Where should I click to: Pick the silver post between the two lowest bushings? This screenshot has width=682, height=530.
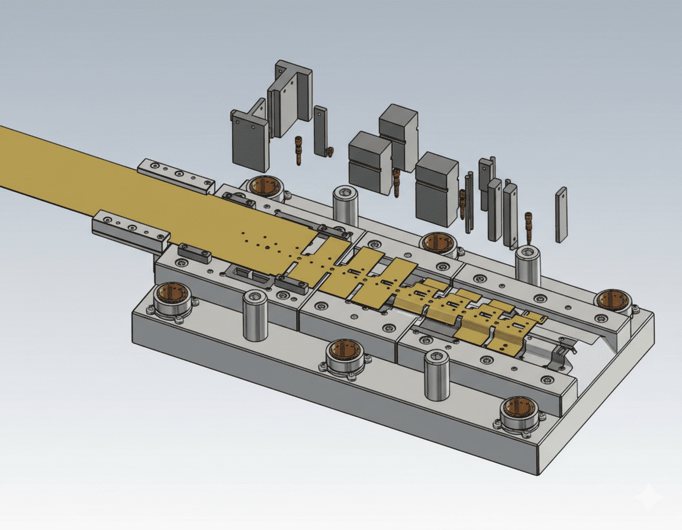click(x=437, y=376)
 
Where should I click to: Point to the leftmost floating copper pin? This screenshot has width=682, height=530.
click(x=300, y=150)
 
